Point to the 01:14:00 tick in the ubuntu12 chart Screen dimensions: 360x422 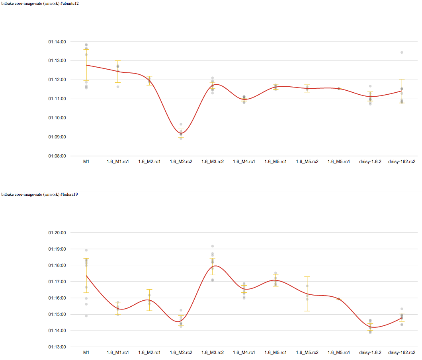(x=57, y=42)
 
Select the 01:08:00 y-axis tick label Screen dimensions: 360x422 (x=57, y=156)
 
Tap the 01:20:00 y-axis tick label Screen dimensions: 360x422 (x=57, y=233)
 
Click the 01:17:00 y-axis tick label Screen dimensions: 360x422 (x=57, y=282)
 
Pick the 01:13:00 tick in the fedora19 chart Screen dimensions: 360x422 (x=57, y=347)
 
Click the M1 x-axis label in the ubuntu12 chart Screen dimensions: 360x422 (x=86, y=162)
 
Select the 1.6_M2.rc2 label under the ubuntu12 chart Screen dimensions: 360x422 (x=181, y=162)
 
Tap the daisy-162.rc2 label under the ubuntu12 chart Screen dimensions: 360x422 (x=402, y=162)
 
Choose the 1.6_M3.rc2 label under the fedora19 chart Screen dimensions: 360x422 (x=212, y=352)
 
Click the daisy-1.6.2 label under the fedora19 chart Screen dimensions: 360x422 (x=370, y=352)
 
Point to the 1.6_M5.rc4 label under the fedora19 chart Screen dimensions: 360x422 (x=339, y=352)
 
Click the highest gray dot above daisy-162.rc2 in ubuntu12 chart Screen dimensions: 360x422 (x=402, y=53)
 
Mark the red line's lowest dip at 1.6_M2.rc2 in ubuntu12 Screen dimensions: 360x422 (x=181, y=134)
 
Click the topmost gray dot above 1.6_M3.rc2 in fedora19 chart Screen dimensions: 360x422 (x=213, y=246)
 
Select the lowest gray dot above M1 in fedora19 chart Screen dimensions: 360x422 (x=86, y=316)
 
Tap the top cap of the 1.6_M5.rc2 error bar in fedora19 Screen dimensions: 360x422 (x=307, y=277)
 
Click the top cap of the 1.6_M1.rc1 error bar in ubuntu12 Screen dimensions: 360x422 (x=118, y=61)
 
